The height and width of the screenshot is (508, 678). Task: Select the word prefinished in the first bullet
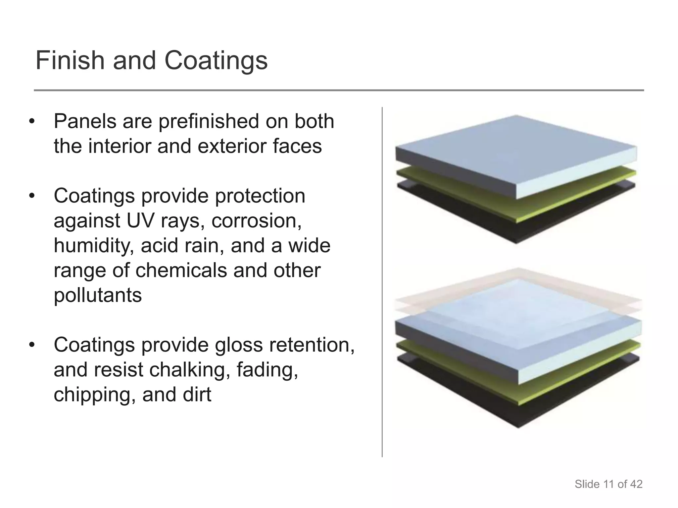209,121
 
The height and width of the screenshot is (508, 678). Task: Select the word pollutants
98,295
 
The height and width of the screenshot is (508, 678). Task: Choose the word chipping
95,395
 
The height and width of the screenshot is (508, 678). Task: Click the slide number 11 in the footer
608,484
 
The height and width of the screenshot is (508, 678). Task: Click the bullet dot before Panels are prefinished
32,122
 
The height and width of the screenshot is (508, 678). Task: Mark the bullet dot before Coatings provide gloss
32,345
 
